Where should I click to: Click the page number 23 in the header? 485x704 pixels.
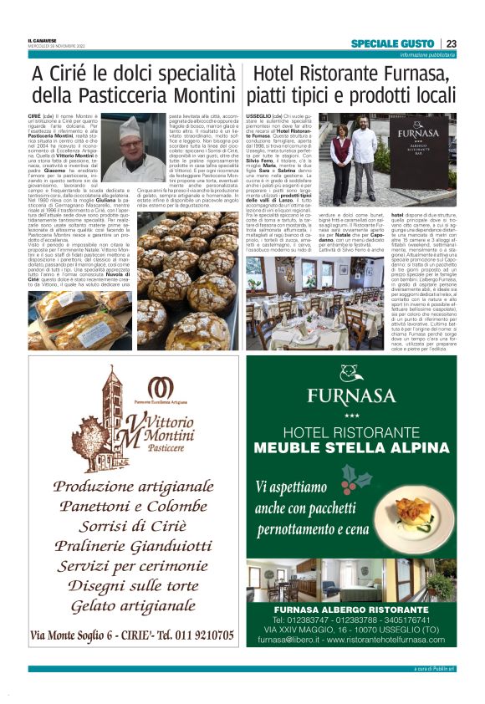point(451,43)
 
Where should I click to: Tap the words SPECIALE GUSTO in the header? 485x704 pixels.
point(393,43)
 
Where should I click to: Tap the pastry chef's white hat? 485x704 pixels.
point(130,125)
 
